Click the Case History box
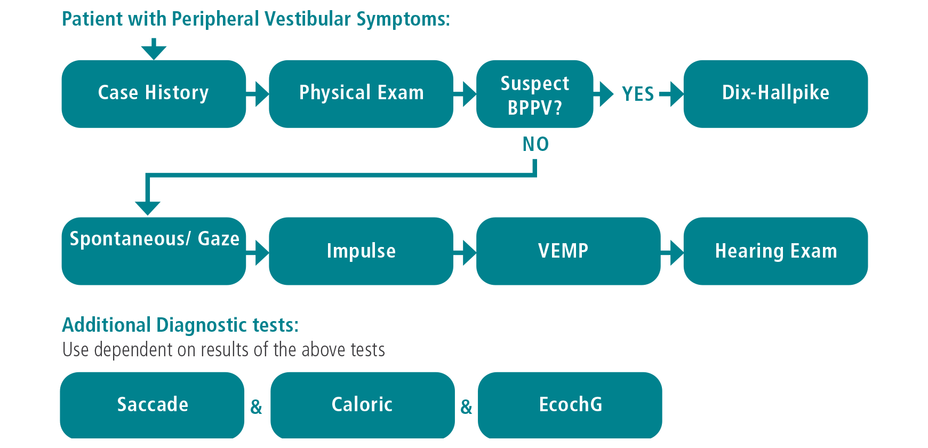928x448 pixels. [x=154, y=93]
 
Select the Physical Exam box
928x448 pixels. [x=361, y=93]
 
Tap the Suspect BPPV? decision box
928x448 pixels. [x=534, y=94]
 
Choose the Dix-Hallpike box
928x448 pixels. [x=775, y=93]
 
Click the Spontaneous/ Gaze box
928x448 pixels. [x=154, y=251]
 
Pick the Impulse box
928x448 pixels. [x=361, y=251]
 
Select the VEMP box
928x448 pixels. [x=568, y=251]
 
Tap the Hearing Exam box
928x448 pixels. [x=775, y=251]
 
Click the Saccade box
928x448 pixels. [x=153, y=405]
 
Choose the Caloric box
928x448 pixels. [x=362, y=405]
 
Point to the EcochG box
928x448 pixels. [x=570, y=405]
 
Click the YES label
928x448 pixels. [x=638, y=94]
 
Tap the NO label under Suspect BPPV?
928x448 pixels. [x=535, y=144]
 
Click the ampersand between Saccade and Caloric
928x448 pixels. [x=257, y=407]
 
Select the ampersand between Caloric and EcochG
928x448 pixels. [x=466, y=407]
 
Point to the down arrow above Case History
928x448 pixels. [x=154, y=49]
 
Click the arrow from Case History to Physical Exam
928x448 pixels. [x=258, y=94]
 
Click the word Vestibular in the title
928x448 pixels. [x=308, y=19]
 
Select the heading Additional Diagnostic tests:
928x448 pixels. [x=180, y=325]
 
